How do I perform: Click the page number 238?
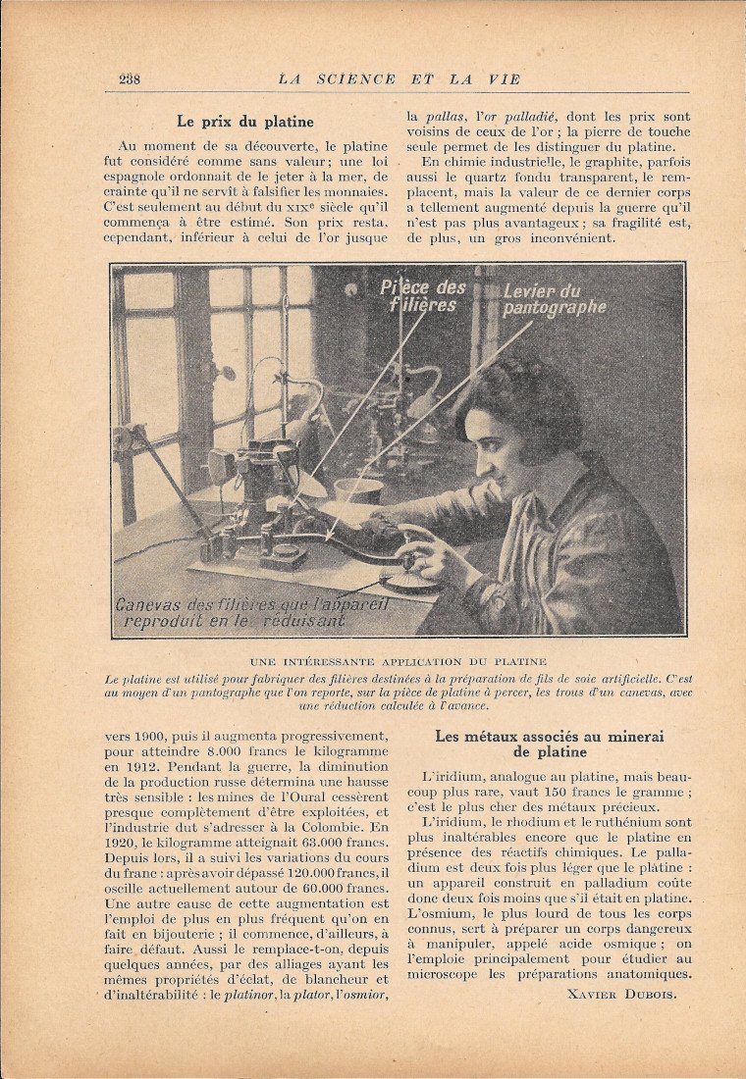(x=130, y=79)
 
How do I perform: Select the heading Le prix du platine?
(x=245, y=122)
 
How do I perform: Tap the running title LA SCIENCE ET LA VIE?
(x=399, y=79)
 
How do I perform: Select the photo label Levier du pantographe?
(x=554, y=299)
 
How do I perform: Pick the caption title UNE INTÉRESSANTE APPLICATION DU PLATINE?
(x=398, y=662)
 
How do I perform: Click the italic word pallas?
(x=443, y=116)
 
